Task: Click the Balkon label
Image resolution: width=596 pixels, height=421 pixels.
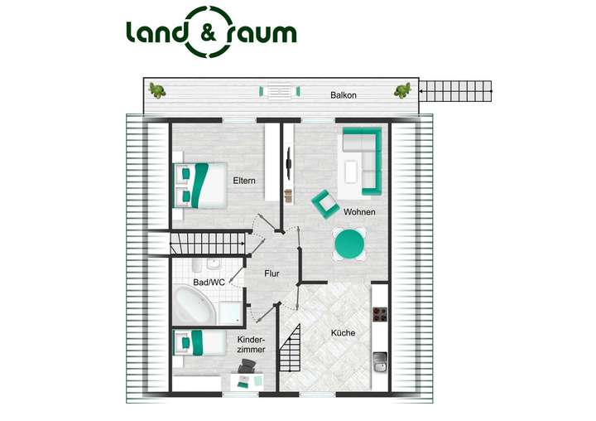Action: point(344,95)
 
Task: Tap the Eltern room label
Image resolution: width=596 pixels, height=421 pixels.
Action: point(243,181)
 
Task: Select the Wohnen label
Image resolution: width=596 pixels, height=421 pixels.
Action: point(359,212)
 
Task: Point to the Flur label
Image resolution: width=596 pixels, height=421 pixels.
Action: point(272,273)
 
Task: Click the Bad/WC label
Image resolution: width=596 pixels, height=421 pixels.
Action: point(209,283)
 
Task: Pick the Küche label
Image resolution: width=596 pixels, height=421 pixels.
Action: point(343,332)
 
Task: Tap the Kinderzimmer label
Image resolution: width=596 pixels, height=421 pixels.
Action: point(252,345)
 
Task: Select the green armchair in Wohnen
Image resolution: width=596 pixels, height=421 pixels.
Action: point(324,202)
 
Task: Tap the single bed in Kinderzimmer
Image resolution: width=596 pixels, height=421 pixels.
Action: point(199,342)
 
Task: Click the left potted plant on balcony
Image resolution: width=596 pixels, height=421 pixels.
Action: point(156,90)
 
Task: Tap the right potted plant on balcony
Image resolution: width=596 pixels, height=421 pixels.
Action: point(402,90)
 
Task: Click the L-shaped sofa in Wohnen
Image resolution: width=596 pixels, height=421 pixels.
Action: point(363,157)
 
